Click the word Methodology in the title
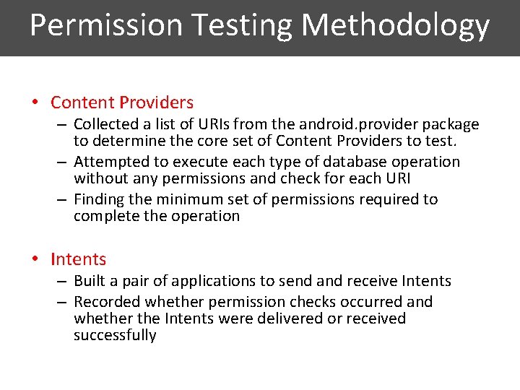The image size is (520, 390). pyautogui.click(x=396, y=26)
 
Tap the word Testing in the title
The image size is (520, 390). pyautogui.click(x=242, y=26)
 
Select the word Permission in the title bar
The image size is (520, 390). pyautogui.click(x=106, y=26)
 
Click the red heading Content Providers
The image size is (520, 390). pyautogui.click(x=122, y=103)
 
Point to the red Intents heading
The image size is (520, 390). pyautogui.click(x=78, y=259)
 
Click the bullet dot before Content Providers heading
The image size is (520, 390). pyautogui.click(x=35, y=103)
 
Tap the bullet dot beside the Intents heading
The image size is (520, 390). pyautogui.click(x=35, y=259)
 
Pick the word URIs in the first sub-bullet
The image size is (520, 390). pyautogui.click(x=218, y=124)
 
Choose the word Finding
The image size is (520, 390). pyautogui.click(x=100, y=199)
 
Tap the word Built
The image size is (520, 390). pyautogui.click(x=90, y=281)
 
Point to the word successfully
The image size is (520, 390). pyautogui.click(x=115, y=335)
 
